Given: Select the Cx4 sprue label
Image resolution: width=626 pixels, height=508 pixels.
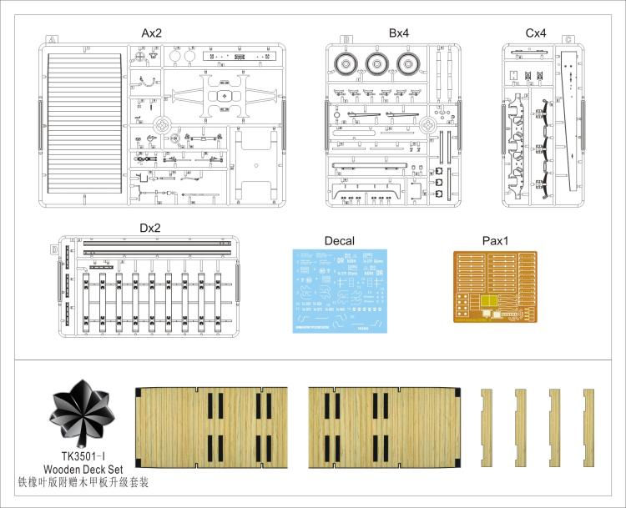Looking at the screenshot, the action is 536,33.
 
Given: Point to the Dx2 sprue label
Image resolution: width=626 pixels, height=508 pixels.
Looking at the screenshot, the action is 151,228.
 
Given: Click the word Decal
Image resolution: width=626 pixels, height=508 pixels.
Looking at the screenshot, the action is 338,241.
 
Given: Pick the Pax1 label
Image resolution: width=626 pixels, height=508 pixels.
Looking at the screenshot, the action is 495,241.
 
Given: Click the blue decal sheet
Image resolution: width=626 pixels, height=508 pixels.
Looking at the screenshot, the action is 338,291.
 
